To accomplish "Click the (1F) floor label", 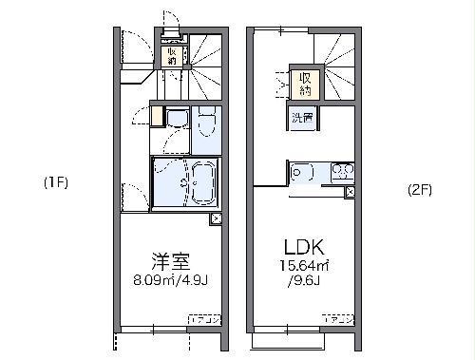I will (x=52, y=181).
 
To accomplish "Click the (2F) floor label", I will (x=419, y=189).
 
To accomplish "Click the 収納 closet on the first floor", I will (x=173, y=56).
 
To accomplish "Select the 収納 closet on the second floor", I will (x=305, y=83).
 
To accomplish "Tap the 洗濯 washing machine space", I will (x=303, y=119).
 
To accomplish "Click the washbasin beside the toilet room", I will (x=176, y=119).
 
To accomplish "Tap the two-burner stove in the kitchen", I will (x=341, y=172).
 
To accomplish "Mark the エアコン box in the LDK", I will (x=338, y=319).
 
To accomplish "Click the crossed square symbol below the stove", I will (x=351, y=192).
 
